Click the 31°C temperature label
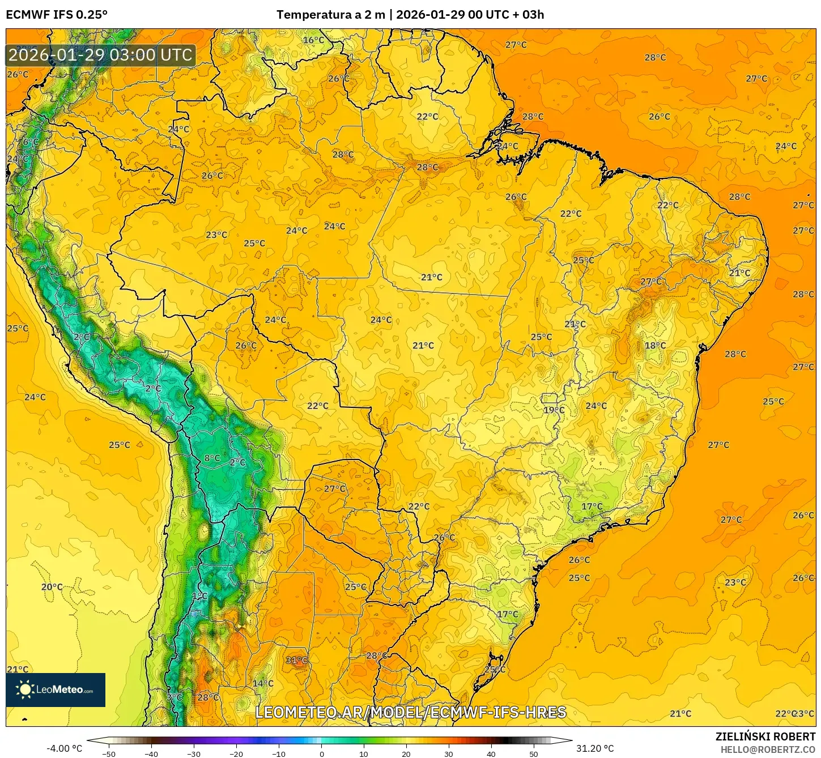296,660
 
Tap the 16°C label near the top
313,40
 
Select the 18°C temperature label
655,346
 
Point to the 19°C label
554,410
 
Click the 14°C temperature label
263,683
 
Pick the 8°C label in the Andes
212,458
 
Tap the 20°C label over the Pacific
52,587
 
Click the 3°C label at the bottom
175,697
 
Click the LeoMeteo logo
56,689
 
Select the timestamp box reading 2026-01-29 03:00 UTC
101,55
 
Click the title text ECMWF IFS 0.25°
56,15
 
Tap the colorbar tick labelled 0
321,753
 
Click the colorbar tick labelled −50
108,753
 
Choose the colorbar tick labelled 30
449,753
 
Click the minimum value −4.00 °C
64,748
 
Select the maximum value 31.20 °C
595,748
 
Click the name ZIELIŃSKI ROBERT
765,736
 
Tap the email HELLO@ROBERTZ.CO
768,750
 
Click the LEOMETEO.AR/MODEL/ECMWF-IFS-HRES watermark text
411,712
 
